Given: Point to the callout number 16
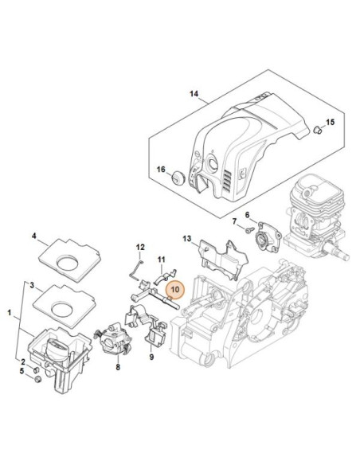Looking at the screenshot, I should pyautogui.click(x=159, y=170).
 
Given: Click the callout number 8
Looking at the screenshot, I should pyautogui.click(x=118, y=368).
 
